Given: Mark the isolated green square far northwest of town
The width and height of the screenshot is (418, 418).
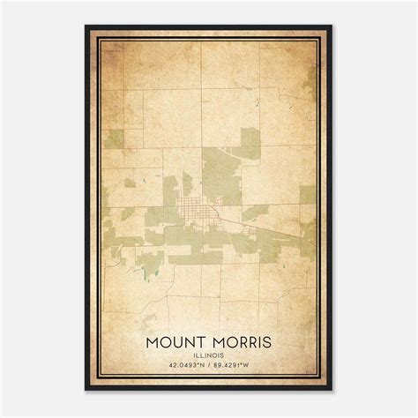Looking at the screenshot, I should tap(114, 138).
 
